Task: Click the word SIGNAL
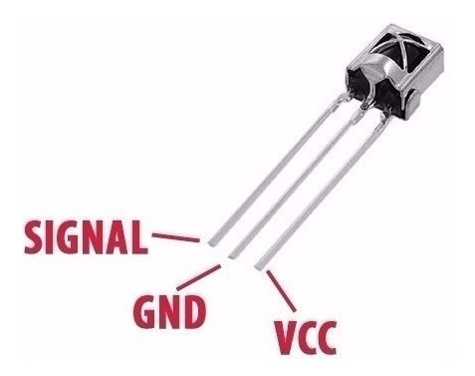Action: pos(86,236)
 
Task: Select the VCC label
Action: pos(305,337)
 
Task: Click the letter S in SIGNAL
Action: pos(34,236)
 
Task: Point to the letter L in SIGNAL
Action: pos(138,237)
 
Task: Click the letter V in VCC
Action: pos(285,337)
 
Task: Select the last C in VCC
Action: pos(327,337)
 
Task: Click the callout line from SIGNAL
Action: pos(175,237)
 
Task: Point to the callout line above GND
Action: pos(199,277)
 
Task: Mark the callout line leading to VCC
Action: pos(281,290)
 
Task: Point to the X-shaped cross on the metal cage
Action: pos(403,50)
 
